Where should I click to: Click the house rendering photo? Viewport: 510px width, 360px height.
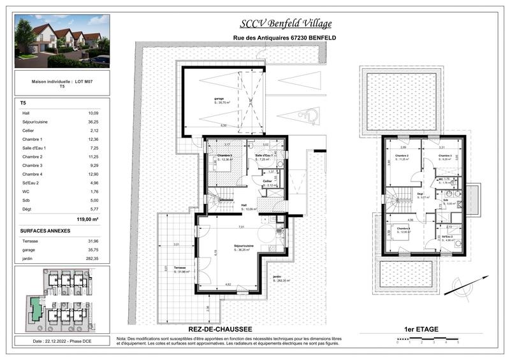pos(61,41)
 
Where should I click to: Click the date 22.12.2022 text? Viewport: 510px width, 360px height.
pos(61,342)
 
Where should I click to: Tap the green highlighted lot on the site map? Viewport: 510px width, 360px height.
pos(36,310)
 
